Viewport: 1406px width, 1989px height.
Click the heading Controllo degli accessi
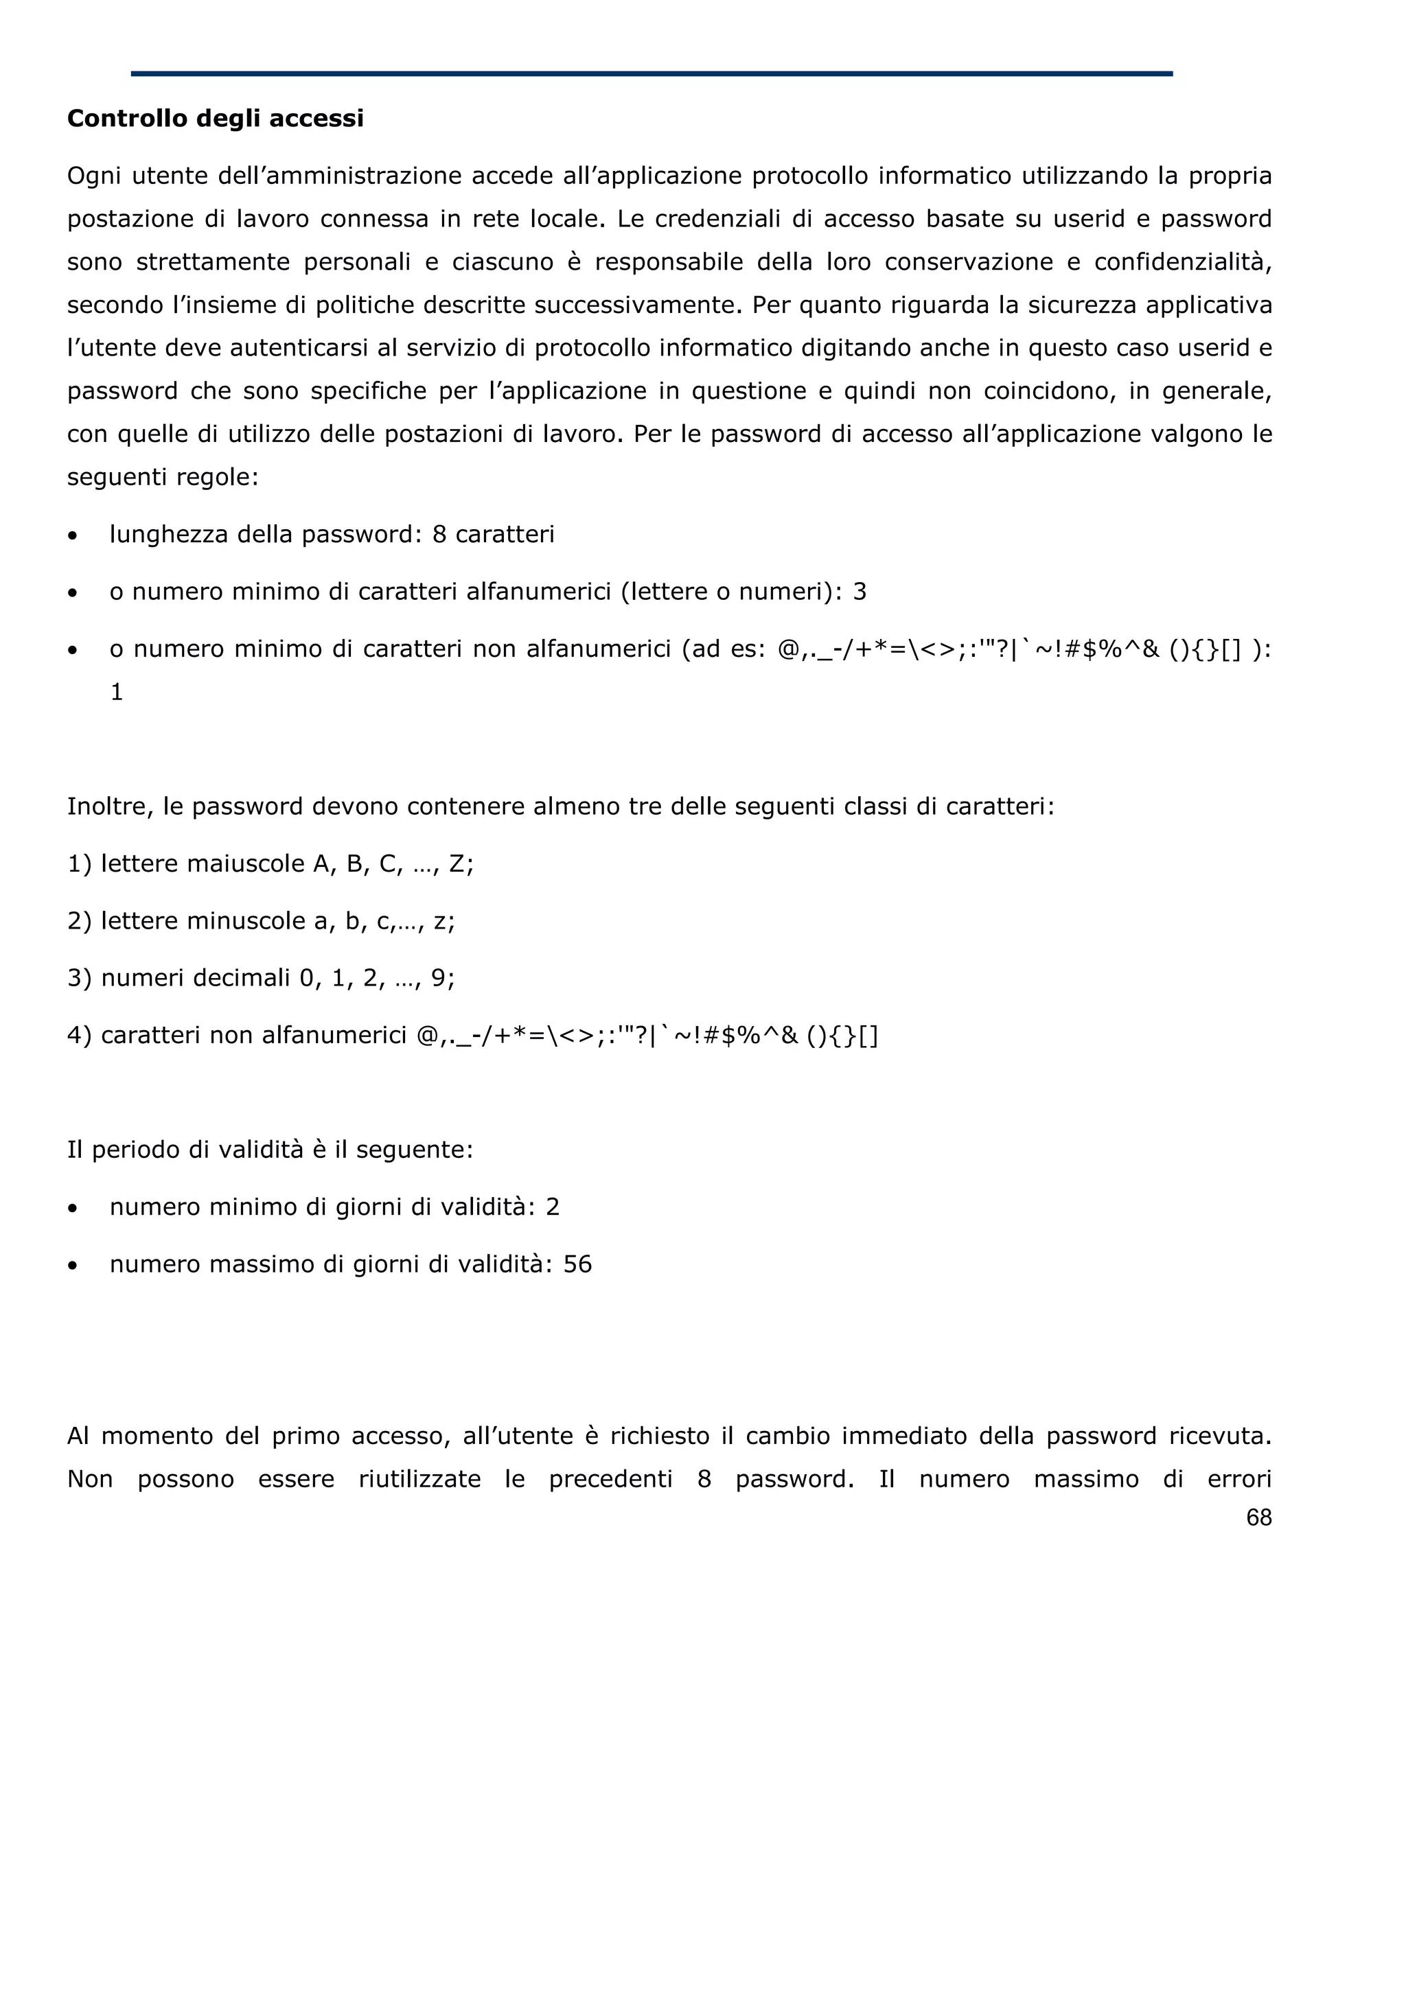[x=215, y=119]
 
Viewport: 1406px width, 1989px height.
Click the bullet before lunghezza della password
[x=73, y=536]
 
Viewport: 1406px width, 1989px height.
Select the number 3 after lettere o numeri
[x=860, y=592]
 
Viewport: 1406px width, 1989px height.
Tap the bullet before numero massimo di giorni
[x=73, y=1266]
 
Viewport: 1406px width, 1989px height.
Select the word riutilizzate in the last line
[x=419, y=1479]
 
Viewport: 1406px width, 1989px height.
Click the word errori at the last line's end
[x=1238, y=1479]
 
